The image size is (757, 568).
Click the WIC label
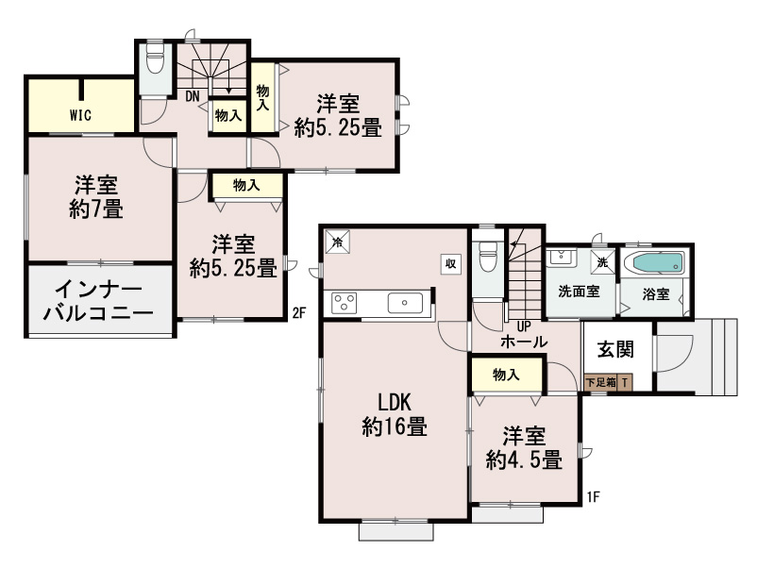pos(80,115)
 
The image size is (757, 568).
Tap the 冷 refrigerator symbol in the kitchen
pos(338,242)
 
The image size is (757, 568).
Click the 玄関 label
pos(615,349)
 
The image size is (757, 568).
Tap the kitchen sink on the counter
pos(405,303)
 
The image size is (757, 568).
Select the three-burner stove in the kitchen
pos(345,303)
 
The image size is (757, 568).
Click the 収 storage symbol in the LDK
pos(451,263)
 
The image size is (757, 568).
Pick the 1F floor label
pos(594,496)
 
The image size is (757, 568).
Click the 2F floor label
pos(299,313)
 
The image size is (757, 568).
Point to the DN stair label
pos(193,96)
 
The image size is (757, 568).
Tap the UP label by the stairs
pos(524,326)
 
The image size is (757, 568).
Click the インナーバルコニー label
pos(98,302)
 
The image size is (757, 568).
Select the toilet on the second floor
pos(155,59)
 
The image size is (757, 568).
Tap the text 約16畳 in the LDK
pos(395,427)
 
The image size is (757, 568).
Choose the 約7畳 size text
pos(96,209)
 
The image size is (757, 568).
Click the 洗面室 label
pos(579,292)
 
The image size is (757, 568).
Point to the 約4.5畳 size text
pos(524,459)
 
